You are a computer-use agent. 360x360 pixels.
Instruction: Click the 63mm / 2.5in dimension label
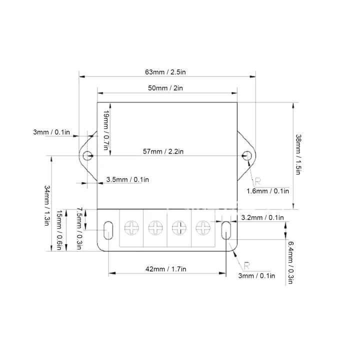[x=165, y=72]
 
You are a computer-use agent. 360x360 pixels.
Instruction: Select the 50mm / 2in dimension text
[x=165, y=88]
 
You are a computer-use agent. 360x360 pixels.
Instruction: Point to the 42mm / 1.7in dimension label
[x=165, y=269]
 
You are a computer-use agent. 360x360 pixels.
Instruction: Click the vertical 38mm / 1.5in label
[x=298, y=154]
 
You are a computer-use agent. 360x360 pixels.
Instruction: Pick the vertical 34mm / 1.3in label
[x=47, y=205]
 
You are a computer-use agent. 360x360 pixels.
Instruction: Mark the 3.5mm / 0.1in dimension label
[x=127, y=179]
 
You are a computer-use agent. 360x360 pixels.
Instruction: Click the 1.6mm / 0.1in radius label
[x=268, y=191]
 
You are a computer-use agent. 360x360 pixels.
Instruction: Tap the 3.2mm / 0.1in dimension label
[x=262, y=217]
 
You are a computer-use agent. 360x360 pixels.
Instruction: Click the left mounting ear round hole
[x=87, y=155]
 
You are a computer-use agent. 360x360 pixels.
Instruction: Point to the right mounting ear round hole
[x=246, y=155]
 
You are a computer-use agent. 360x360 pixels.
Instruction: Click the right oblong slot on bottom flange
[x=225, y=230]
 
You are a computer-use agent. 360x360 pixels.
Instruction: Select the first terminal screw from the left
[x=131, y=228]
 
